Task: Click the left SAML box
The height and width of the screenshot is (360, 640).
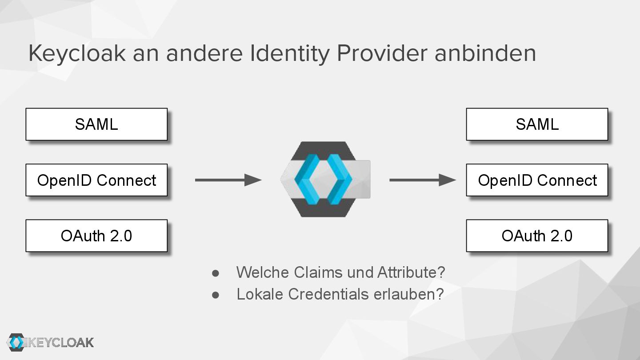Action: coord(96,124)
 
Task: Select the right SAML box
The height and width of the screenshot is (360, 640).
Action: coord(537,124)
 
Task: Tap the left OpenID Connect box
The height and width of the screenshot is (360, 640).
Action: coord(96,180)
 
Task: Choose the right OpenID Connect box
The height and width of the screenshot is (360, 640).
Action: coord(537,180)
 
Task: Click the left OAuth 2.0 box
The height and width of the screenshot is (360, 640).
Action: coord(96,236)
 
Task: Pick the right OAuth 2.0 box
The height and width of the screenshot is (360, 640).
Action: coord(537,236)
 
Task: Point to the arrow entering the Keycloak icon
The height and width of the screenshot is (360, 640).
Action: coord(228,180)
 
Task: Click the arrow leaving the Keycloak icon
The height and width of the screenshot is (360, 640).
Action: coord(422,180)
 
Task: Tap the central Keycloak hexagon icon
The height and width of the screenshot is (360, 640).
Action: coord(325,179)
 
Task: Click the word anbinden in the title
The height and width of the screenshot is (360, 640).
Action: coord(485,54)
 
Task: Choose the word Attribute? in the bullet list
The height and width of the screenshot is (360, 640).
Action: coord(411,272)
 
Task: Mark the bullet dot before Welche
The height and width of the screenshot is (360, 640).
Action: coord(216,272)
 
